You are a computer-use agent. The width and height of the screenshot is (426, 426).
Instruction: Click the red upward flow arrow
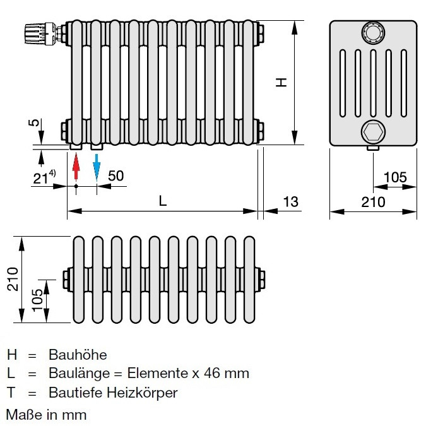76,166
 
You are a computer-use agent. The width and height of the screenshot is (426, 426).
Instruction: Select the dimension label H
281,82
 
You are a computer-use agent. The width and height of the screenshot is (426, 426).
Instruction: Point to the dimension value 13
290,202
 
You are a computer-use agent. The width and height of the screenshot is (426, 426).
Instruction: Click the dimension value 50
115,176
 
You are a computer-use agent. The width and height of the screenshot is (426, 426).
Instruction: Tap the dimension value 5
33,122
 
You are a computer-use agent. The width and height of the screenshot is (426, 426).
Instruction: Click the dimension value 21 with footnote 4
44,177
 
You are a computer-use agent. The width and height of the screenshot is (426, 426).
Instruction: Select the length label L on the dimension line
162,201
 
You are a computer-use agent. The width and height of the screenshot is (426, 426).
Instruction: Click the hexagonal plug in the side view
373,132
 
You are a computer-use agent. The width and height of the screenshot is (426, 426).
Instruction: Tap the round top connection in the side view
373,32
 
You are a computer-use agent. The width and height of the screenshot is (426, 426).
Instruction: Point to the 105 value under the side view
395,177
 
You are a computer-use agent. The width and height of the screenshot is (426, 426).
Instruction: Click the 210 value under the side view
373,202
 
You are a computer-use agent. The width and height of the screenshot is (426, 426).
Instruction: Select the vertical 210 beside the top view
13,279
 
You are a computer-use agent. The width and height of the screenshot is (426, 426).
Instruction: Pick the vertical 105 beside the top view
37,300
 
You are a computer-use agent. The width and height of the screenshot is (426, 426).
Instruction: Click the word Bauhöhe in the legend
78,355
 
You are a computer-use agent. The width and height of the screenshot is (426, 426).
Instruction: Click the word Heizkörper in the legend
142,393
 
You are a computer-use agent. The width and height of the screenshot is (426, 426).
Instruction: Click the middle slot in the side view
373,83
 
